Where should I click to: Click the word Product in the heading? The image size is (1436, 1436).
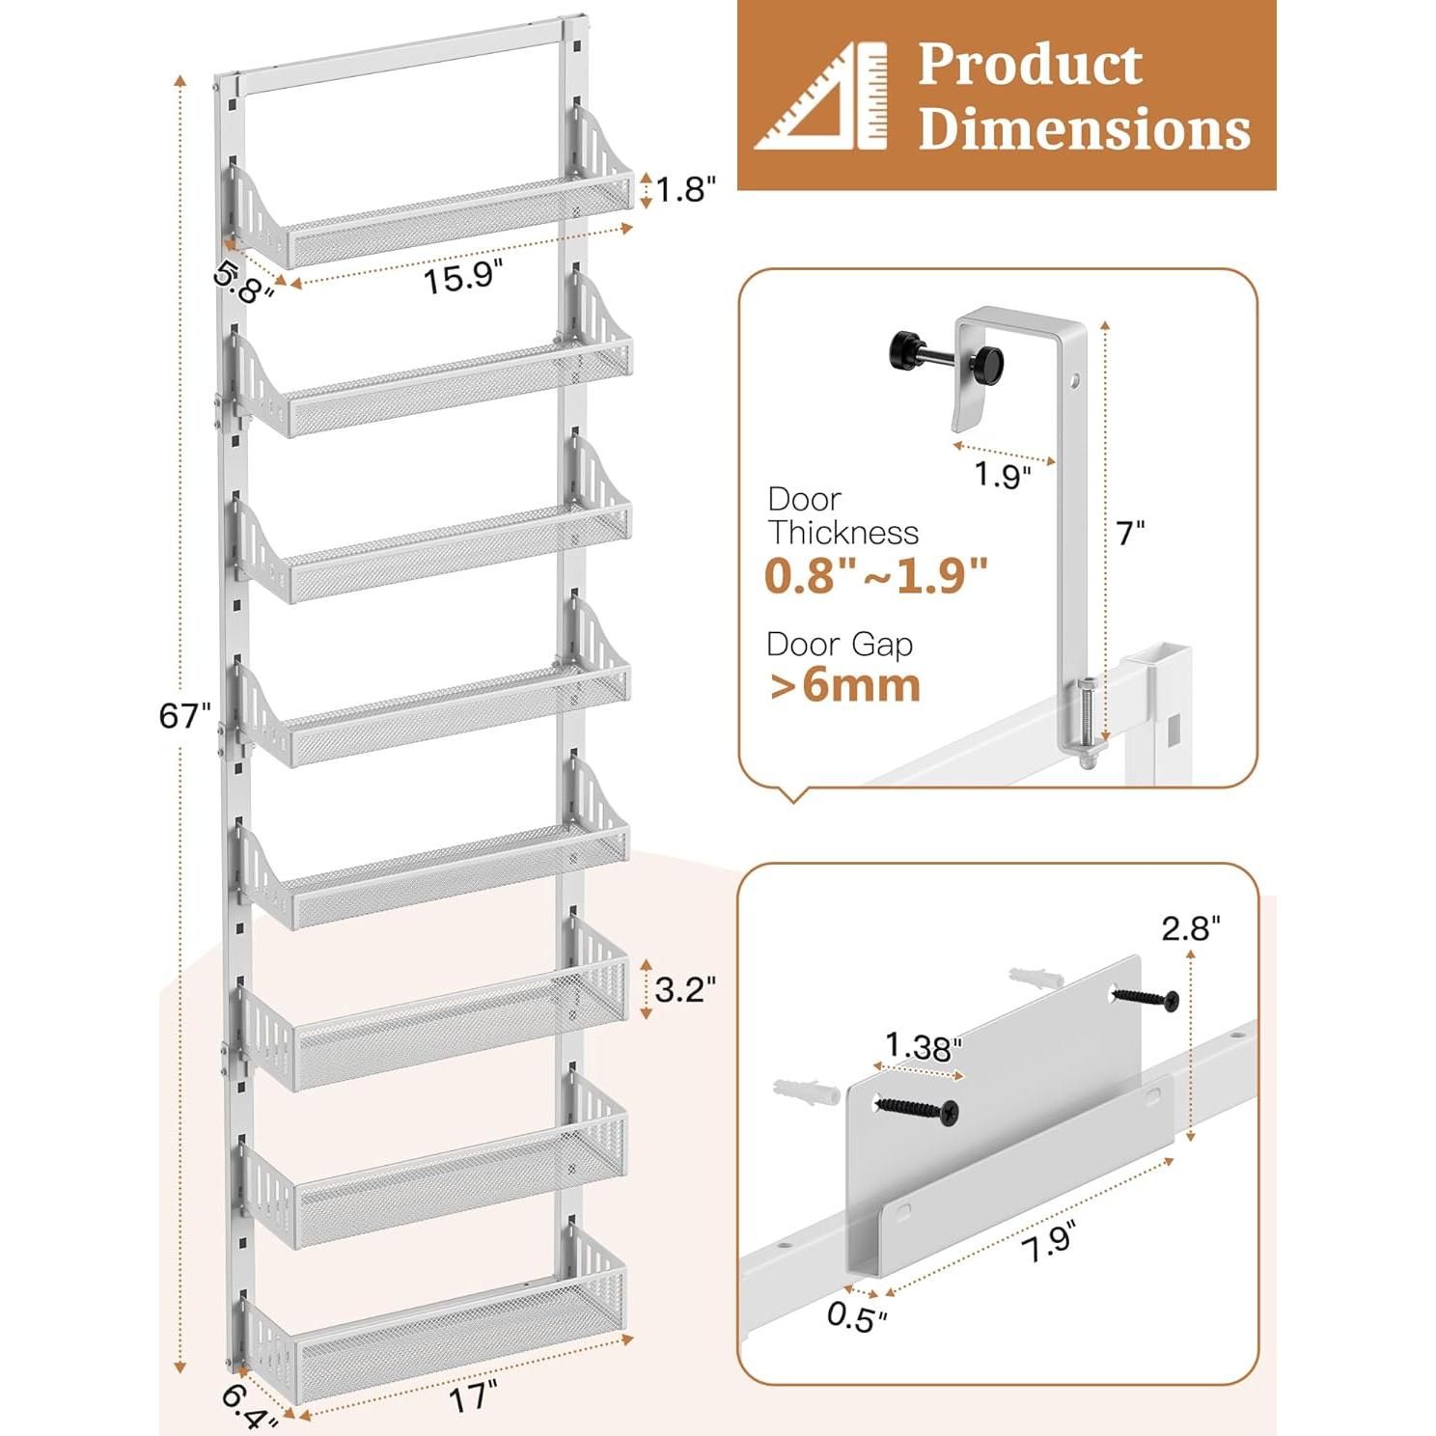click(x=1030, y=66)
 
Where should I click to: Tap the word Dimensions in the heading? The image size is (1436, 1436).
click(x=1084, y=129)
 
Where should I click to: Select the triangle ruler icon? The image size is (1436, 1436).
click(x=821, y=97)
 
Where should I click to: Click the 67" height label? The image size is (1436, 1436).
click(x=184, y=716)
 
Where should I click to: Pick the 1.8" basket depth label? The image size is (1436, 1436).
click(x=686, y=190)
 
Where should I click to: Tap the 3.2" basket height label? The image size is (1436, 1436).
click(x=685, y=989)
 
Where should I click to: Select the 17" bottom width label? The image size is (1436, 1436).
click(x=473, y=1397)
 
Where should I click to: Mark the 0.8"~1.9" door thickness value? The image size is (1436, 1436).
click(x=876, y=576)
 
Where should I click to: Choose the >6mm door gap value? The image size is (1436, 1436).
click(x=845, y=686)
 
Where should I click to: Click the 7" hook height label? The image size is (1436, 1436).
click(x=1130, y=533)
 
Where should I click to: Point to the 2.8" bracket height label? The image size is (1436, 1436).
click(x=1191, y=928)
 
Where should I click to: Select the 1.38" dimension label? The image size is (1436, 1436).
click(x=923, y=1046)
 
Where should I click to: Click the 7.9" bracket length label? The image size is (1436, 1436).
click(x=1048, y=1240)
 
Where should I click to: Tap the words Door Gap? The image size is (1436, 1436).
click(x=840, y=644)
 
